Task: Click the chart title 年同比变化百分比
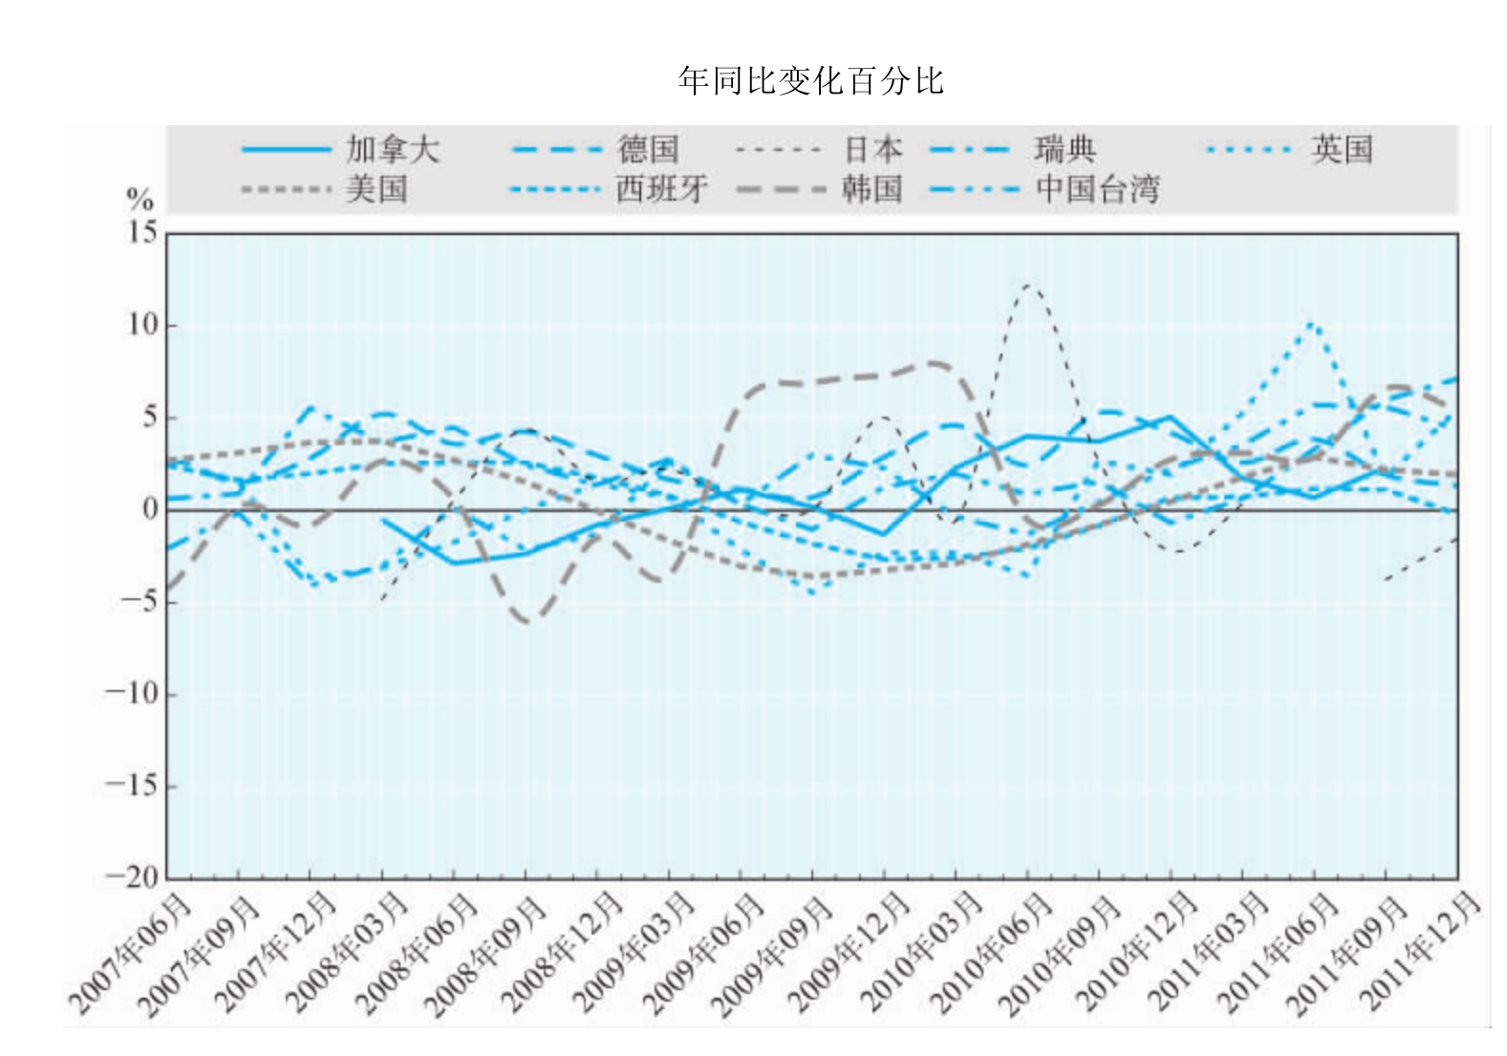coord(810,81)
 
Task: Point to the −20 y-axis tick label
coord(132,876)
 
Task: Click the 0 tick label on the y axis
coord(150,509)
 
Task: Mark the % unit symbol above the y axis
coord(140,200)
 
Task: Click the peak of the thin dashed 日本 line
coord(1027,285)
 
